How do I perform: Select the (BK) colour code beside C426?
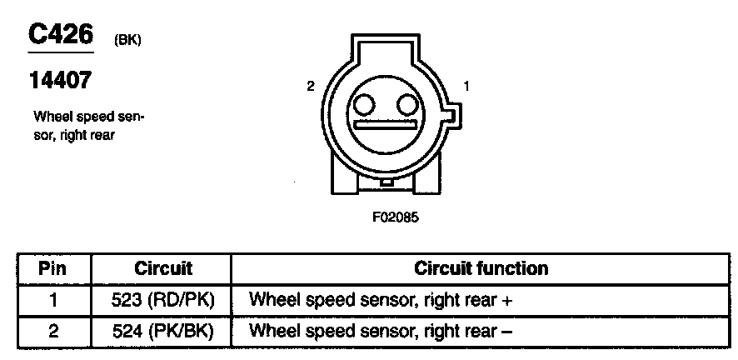pyautogui.click(x=127, y=39)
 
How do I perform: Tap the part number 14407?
pyautogui.click(x=59, y=81)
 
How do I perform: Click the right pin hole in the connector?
pyautogui.click(x=406, y=105)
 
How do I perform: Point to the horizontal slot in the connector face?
pyautogui.click(x=385, y=126)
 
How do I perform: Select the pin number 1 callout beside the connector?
pyautogui.click(x=467, y=86)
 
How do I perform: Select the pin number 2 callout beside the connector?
pyautogui.click(x=310, y=86)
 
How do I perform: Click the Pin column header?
pyautogui.click(x=53, y=268)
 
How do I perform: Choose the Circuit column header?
pyautogui.click(x=163, y=268)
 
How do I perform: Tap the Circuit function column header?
pyautogui.click(x=481, y=268)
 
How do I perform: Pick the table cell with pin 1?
pyautogui.click(x=53, y=298)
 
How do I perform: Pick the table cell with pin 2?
pyautogui.click(x=53, y=331)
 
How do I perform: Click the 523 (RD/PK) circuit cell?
pyautogui.click(x=163, y=298)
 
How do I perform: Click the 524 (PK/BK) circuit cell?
pyautogui.click(x=163, y=331)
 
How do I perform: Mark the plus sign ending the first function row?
pyautogui.click(x=506, y=299)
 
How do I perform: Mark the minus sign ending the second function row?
pyautogui.click(x=506, y=332)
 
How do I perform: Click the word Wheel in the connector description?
pyautogui.click(x=50, y=117)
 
